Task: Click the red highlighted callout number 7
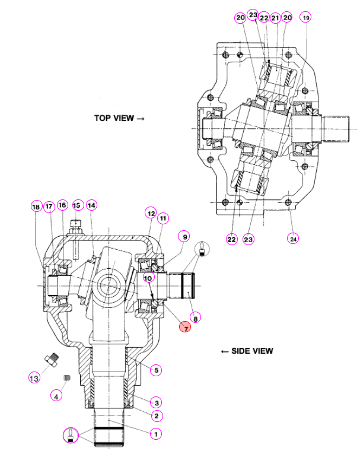(x=185, y=327)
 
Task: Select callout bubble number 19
(x=305, y=17)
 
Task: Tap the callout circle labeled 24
(x=293, y=239)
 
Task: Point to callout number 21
(x=275, y=18)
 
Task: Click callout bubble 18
(x=36, y=207)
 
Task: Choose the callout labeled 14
(x=91, y=205)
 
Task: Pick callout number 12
(x=151, y=214)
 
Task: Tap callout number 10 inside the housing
(x=148, y=278)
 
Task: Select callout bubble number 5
(x=156, y=370)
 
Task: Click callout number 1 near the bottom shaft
(x=156, y=434)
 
